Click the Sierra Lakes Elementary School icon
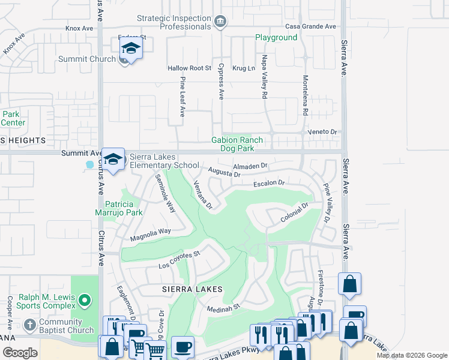[112, 160]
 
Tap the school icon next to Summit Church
[130, 49]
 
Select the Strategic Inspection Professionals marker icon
[220, 22]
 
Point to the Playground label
[276, 37]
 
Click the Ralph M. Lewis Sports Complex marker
[85, 299]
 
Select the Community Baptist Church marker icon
[30, 326]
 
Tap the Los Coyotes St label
[179, 260]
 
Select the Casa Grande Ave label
[310, 26]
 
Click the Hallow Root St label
[190, 68]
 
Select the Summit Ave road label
[82, 154]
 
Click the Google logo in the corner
[19, 353]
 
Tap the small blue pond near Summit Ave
[90, 164]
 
